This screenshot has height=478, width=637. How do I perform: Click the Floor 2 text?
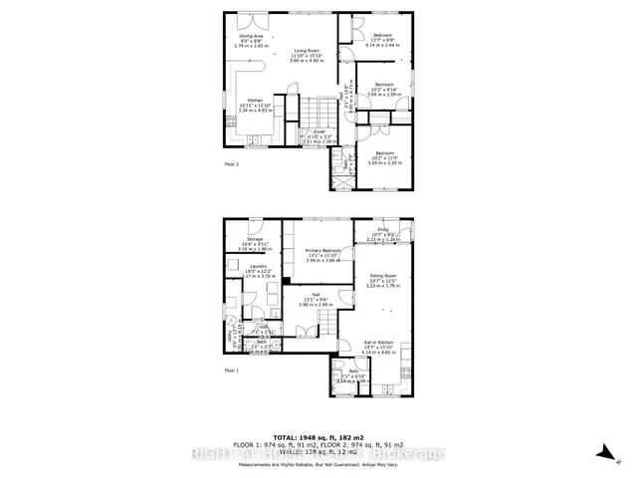(x=231, y=163)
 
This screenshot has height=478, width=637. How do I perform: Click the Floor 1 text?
(x=231, y=370)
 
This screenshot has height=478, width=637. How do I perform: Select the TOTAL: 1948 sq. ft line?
(x=318, y=435)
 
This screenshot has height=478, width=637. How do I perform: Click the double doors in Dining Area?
(x=258, y=20)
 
